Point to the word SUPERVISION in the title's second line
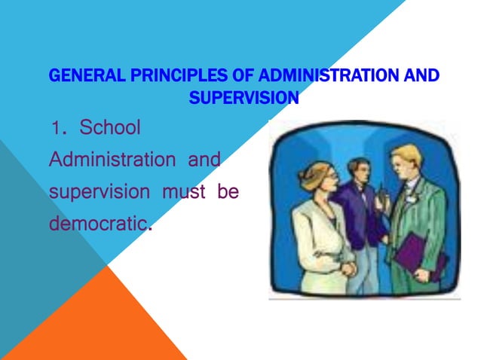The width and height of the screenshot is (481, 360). (244, 97)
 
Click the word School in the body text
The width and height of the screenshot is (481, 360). (110, 127)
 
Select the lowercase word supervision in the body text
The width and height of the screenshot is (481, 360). (100, 191)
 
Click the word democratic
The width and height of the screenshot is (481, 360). (98, 224)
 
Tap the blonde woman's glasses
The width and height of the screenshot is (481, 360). (330, 174)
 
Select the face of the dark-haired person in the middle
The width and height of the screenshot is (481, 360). (358, 171)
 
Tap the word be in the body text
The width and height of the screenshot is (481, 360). (228, 191)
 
